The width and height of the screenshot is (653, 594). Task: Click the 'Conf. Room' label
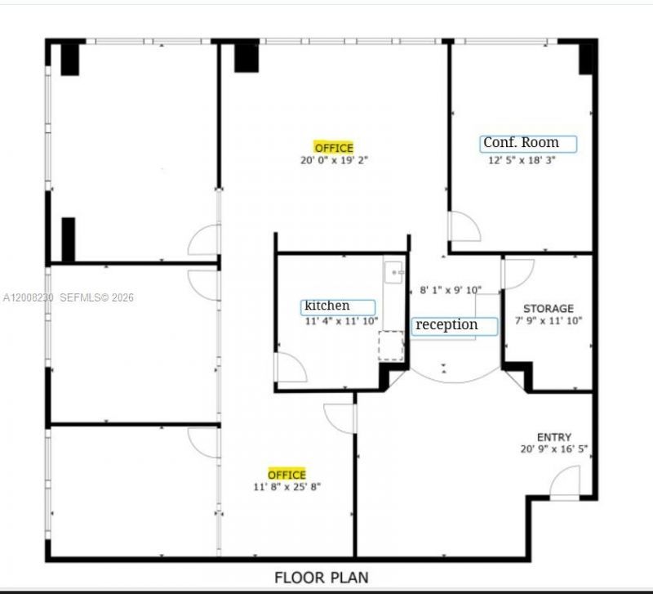tap(528, 143)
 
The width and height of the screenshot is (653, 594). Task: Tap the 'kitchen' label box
tap(339, 306)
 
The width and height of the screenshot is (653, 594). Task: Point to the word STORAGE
tap(548, 309)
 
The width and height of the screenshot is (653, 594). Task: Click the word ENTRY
tap(554, 437)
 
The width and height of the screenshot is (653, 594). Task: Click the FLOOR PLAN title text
tap(326, 577)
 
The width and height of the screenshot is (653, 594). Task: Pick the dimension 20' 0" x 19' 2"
tap(334, 161)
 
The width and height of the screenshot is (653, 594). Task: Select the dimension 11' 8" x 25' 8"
tap(287, 487)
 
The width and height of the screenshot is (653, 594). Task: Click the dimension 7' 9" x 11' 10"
tap(548, 321)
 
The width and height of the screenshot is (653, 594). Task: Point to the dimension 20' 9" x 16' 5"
tap(554, 449)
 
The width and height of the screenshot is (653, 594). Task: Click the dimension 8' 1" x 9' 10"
tap(451, 290)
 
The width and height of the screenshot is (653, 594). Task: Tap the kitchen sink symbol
tap(394, 271)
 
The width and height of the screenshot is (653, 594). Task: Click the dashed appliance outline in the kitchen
tap(391, 345)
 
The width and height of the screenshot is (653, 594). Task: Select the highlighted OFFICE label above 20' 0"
tap(334, 148)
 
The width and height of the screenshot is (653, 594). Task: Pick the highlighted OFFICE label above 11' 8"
tap(287, 474)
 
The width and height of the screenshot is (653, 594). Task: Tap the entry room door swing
tap(566, 482)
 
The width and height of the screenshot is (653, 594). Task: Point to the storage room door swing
tap(517, 272)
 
